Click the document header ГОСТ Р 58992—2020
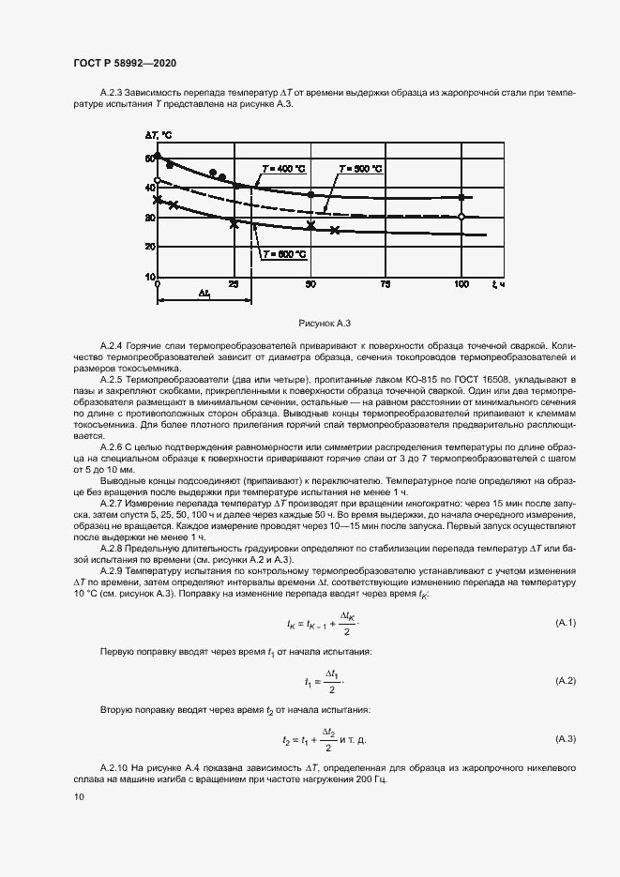click(x=125, y=63)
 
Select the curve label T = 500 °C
click(x=360, y=168)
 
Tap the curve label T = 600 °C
click(x=284, y=254)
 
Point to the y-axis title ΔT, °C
click(x=159, y=137)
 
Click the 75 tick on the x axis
click(x=386, y=283)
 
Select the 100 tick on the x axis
click(x=461, y=283)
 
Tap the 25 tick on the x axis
click(x=234, y=283)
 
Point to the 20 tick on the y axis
click(x=149, y=247)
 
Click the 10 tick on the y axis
click(x=149, y=277)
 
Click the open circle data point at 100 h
click(x=461, y=217)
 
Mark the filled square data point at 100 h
click(x=461, y=197)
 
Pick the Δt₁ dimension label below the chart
click(x=204, y=293)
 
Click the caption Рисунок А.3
click(x=324, y=323)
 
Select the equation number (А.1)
click(x=566, y=623)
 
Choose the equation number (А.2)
click(x=566, y=679)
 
